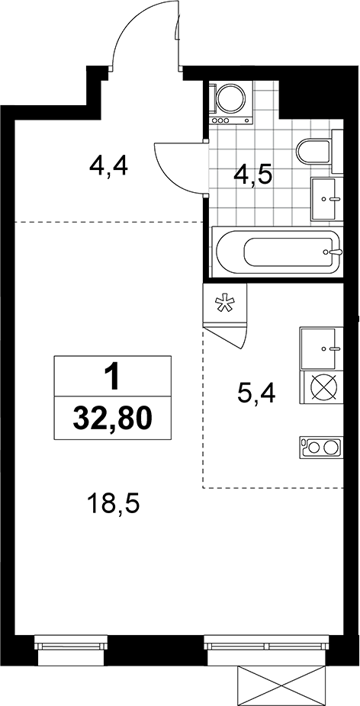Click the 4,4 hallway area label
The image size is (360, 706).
(x=109, y=167)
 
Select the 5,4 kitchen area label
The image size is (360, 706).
(x=256, y=395)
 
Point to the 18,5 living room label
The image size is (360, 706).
(x=114, y=505)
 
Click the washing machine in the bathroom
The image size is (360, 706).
(x=232, y=102)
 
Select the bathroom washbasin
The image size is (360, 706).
(x=324, y=199)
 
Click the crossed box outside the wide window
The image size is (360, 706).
(x=281, y=685)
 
